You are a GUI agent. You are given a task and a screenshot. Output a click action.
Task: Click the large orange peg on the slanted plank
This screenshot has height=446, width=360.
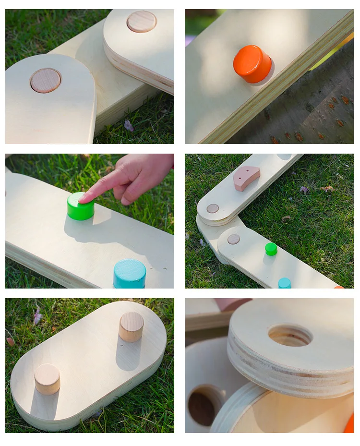click(x=252, y=64)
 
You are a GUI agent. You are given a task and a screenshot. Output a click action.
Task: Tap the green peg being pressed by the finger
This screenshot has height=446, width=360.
click(x=80, y=206)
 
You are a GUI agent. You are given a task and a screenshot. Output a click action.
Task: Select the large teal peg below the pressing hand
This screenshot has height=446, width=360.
click(x=130, y=274)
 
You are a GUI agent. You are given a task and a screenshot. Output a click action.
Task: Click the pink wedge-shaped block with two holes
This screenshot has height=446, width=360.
click(x=246, y=178)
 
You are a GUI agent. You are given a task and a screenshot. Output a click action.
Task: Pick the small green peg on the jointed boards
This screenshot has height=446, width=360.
click(x=271, y=249)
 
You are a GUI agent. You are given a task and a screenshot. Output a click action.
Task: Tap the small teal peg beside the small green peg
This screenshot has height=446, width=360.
click(x=285, y=283)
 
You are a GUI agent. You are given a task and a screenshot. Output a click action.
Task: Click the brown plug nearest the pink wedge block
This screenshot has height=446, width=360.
click(x=213, y=208)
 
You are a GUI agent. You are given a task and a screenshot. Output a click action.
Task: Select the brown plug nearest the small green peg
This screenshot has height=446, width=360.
click(x=234, y=239)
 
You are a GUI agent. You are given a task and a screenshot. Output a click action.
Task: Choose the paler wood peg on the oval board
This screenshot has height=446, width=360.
click(x=47, y=379)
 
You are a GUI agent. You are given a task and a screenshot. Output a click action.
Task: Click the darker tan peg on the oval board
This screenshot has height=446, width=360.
click(x=131, y=326)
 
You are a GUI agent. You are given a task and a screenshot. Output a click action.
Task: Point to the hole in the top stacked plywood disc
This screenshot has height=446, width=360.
click(x=290, y=335)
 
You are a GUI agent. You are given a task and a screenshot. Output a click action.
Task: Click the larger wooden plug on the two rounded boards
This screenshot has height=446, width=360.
click(x=46, y=81)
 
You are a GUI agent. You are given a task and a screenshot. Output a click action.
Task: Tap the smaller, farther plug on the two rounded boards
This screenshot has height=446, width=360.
click(x=142, y=22)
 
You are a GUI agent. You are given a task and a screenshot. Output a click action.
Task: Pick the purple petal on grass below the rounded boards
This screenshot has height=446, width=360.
click(x=129, y=126)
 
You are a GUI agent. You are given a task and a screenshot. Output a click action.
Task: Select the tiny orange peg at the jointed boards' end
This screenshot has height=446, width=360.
click(x=339, y=287)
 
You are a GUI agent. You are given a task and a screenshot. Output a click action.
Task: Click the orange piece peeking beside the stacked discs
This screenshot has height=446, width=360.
click(x=349, y=424)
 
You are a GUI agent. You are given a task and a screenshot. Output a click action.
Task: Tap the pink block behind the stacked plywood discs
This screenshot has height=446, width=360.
click(x=232, y=304)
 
